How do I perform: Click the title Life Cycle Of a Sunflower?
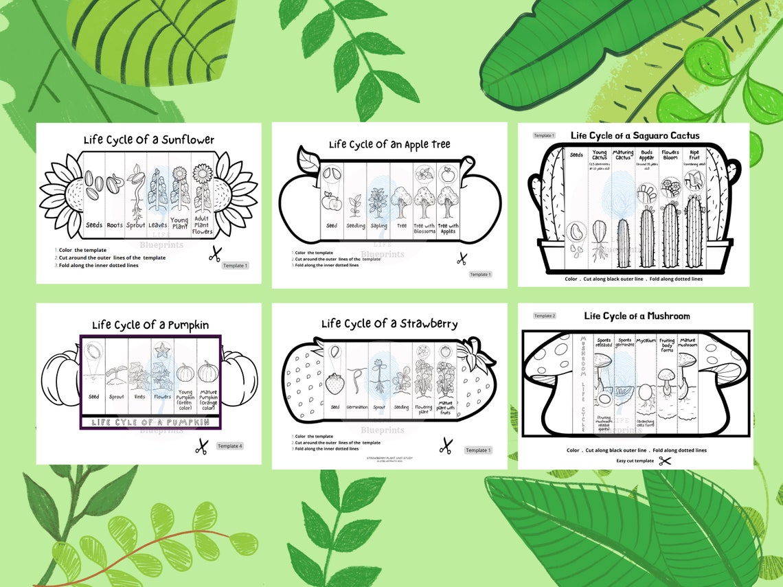click(x=148, y=140)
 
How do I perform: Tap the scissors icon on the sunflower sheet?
click(x=214, y=255)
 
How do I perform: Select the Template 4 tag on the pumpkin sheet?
click(x=229, y=446)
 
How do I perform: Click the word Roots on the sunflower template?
click(x=115, y=225)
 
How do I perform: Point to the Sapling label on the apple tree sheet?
click(x=378, y=226)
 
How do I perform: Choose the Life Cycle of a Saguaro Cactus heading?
click(x=635, y=135)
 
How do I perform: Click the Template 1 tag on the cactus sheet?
click(x=544, y=136)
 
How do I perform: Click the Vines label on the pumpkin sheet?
click(x=139, y=397)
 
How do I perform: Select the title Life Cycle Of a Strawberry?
click(x=389, y=324)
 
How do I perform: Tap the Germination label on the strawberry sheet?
click(x=356, y=407)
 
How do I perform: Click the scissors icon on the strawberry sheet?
click(x=446, y=445)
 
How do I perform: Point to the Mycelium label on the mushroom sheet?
click(x=646, y=340)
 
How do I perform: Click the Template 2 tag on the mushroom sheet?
click(x=544, y=316)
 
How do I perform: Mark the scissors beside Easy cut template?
click(x=664, y=461)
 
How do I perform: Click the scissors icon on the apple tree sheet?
click(x=462, y=259)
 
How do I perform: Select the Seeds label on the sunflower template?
click(x=94, y=225)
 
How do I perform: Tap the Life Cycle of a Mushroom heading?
click(x=637, y=316)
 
